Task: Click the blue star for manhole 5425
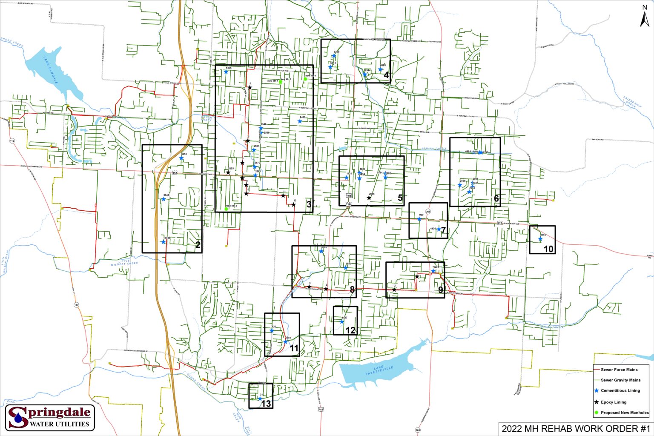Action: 226,72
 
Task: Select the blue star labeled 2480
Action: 300,121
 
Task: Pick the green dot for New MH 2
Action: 227,209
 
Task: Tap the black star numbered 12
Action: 293,205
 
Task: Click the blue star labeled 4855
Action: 540,239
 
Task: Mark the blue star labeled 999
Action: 419,219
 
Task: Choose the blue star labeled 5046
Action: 163,199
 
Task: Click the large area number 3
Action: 309,205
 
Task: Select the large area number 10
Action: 548,249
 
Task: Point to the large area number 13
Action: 266,403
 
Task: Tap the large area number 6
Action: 496,199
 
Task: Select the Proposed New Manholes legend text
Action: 625,413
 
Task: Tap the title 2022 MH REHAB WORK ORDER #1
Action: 576,428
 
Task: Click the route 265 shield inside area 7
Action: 428,212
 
